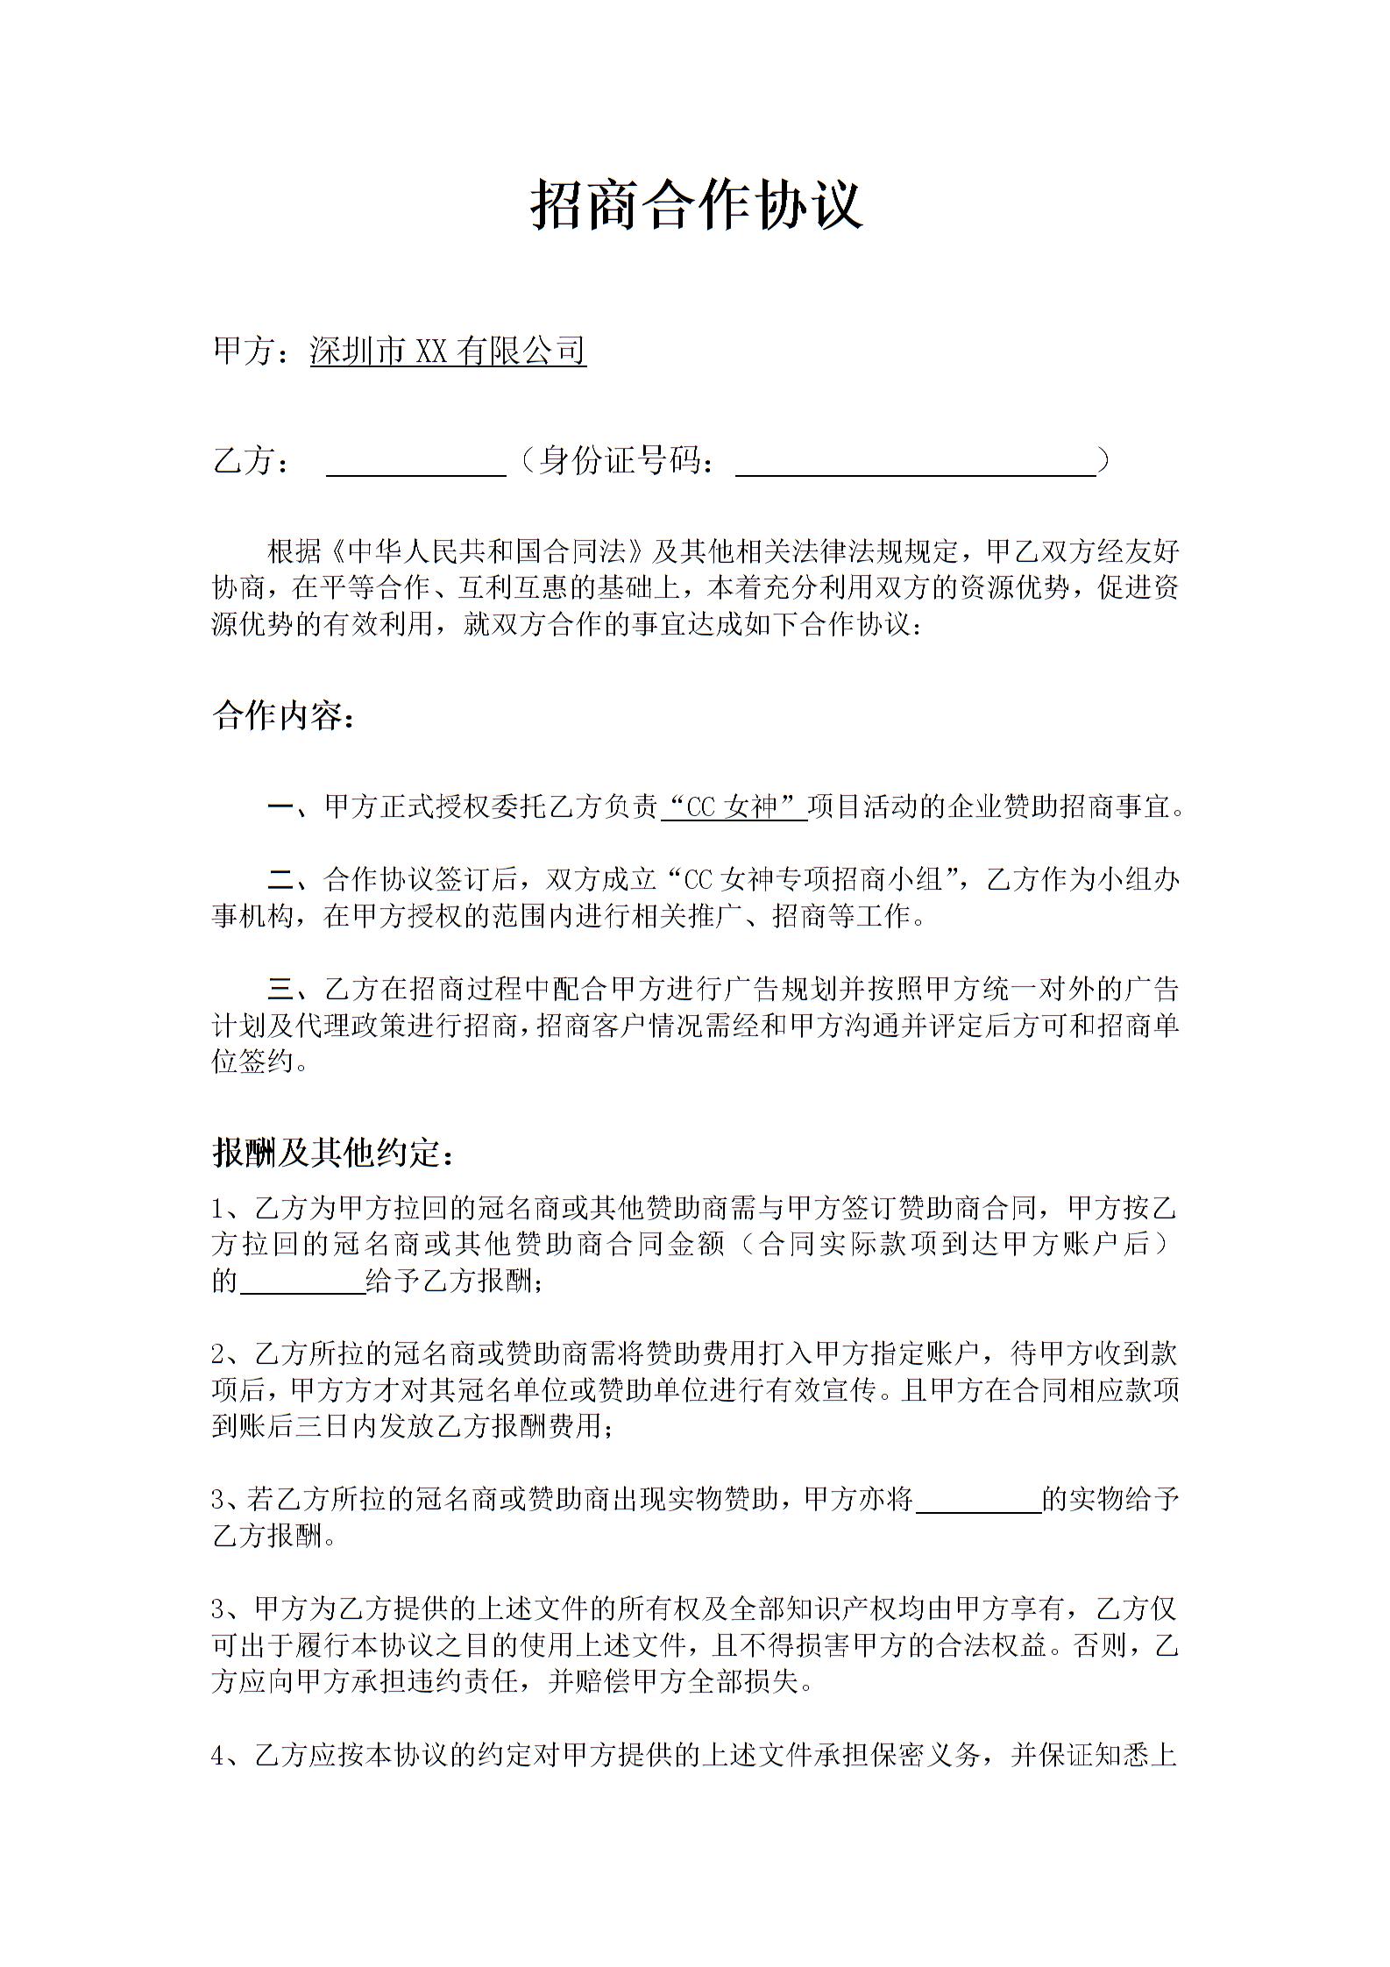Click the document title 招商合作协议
click(696, 205)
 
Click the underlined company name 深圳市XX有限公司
click(448, 351)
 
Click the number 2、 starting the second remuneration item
click(226, 1354)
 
